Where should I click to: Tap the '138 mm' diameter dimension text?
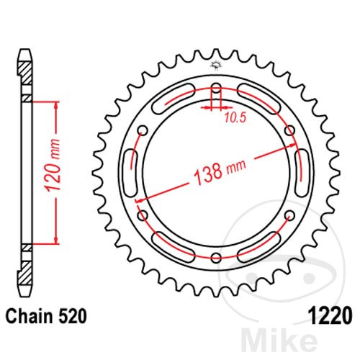pos(220,171)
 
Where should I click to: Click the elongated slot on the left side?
pos(132,174)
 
